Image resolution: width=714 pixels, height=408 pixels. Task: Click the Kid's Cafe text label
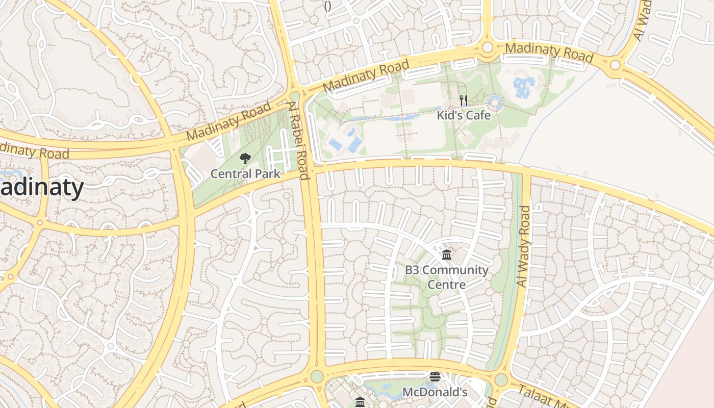point(464,115)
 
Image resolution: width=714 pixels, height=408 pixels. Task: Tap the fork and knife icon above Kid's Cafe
point(464,100)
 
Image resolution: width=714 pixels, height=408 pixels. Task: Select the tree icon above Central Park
point(245,158)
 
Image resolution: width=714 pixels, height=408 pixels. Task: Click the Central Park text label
point(245,174)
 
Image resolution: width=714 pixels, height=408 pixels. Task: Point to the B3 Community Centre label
point(447,277)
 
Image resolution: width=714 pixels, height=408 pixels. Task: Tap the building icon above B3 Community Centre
point(447,254)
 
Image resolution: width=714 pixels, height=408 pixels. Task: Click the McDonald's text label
point(435,392)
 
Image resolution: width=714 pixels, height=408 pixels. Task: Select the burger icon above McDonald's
point(435,377)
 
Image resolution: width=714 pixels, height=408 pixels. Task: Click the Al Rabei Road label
point(298,140)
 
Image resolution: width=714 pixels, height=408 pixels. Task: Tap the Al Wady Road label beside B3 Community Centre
point(524,246)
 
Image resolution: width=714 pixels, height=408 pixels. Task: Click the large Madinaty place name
point(41,188)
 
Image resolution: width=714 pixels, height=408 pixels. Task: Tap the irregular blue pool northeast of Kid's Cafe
point(524,87)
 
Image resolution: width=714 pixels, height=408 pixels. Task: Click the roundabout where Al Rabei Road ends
point(317,376)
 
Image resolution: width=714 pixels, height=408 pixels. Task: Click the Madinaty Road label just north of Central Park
point(228,121)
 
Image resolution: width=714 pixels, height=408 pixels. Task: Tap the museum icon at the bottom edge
point(360,402)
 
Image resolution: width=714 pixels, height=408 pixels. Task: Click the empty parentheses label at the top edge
point(328,6)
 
